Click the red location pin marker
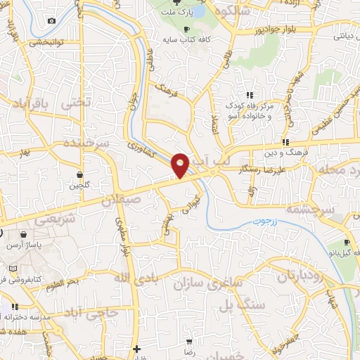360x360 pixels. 181,165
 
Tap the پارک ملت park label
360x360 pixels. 179,13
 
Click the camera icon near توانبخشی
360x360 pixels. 51,20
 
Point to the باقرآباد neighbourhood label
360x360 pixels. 31,104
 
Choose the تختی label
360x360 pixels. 77,102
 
